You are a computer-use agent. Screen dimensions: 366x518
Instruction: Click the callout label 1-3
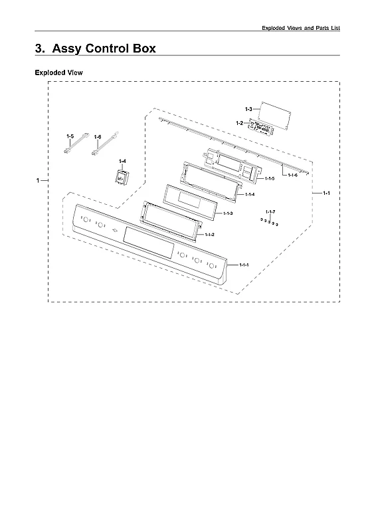(x=248, y=109)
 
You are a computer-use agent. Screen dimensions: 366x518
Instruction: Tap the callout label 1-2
(x=239, y=123)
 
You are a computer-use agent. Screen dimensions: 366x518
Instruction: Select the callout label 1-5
(x=70, y=136)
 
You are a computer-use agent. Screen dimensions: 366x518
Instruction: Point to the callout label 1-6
(x=98, y=137)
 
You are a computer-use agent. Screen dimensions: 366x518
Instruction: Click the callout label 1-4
(x=122, y=161)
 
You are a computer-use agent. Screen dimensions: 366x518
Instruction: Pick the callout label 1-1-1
(x=244, y=265)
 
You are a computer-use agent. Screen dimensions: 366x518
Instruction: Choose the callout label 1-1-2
(x=209, y=235)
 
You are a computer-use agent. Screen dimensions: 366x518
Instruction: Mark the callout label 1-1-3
(x=228, y=213)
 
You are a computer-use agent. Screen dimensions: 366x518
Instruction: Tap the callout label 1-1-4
(x=250, y=194)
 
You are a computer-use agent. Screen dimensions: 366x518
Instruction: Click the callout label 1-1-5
(x=270, y=178)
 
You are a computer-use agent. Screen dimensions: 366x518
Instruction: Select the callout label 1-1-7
(x=270, y=211)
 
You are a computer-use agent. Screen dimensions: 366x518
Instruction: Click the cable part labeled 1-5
(x=76, y=143)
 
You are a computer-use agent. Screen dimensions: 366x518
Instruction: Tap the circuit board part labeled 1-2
(x=261, y=128)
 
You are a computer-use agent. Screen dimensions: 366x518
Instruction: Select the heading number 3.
(x=40, y=49)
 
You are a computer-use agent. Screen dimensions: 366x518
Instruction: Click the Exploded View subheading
(x=58, y=72)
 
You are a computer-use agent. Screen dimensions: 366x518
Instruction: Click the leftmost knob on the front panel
(x=86, y=219)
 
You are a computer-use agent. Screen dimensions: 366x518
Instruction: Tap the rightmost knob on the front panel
(x=211, y=265)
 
